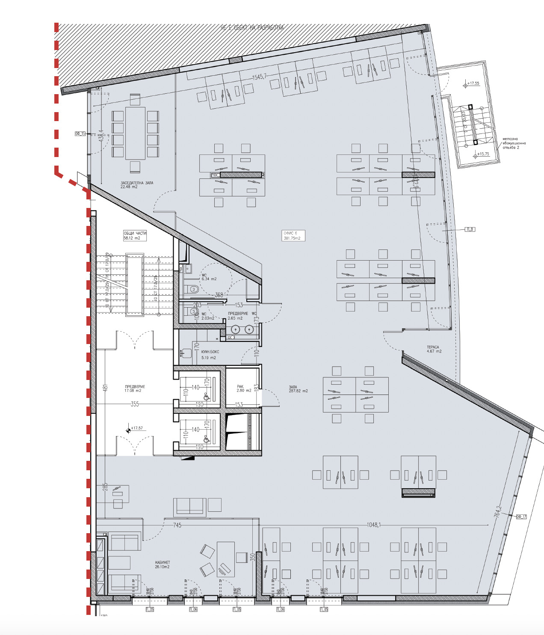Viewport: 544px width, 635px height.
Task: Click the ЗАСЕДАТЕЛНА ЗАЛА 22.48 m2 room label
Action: [x=136, y=185]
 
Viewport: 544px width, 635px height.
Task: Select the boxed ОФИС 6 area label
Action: [x=293, y=236]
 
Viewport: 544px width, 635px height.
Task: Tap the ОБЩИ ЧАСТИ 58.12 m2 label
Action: [x=135, y=236]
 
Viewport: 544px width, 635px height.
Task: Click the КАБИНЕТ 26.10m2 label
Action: [x=162, y=565]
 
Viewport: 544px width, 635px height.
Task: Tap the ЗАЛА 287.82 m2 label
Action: [x=298, y=389]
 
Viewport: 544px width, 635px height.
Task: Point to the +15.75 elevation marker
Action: [x=482, y=154]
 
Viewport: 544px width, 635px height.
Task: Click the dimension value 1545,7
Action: [x=259, y=77]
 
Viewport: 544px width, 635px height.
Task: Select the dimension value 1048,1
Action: [x=373, y=525]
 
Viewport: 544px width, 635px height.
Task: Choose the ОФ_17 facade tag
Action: [x=521, y=517]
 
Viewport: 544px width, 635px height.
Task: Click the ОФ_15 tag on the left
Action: [x=80, y=134]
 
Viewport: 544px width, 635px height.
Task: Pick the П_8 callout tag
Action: [x=470, y=229]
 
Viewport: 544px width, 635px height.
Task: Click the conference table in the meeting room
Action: [x=135, y=133]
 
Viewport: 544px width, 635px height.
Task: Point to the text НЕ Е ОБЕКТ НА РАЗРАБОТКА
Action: [x=252, y=28]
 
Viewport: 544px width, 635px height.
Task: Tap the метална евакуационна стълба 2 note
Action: [x=514, y=143]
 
